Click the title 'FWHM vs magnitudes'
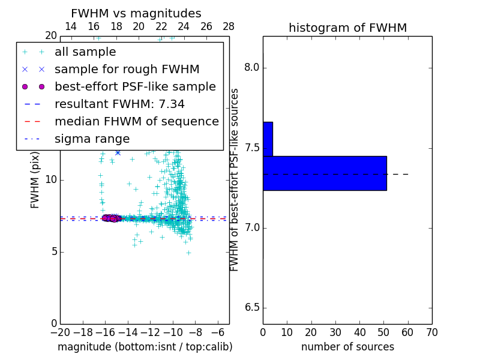136,14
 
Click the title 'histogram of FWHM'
347,28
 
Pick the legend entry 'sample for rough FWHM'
127,70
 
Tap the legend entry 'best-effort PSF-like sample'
135,87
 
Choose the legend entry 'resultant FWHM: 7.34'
119,104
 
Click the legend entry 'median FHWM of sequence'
136,122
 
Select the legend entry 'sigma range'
92,139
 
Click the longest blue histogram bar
325,173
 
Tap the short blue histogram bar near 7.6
268,139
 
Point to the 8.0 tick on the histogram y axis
251,68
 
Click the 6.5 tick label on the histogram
251,308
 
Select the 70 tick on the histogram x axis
431,332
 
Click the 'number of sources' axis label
347,347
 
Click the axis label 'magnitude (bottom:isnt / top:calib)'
145,347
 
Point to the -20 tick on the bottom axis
60,332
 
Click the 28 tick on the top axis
229,26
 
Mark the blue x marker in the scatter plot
118,152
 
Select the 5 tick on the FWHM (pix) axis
53,251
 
